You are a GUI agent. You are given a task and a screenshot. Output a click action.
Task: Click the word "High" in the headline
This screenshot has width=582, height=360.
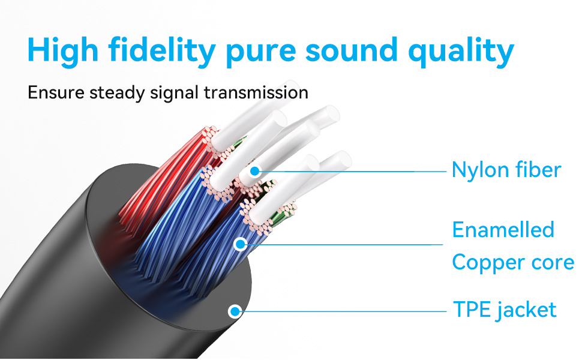coord(63,50)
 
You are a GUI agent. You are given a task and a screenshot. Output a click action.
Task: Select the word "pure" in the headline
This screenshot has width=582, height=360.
coord(260,52)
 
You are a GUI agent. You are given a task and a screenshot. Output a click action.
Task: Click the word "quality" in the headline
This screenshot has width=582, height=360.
coord(461,51)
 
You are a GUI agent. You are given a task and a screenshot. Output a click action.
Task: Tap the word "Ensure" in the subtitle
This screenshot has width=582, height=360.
coord(56,92)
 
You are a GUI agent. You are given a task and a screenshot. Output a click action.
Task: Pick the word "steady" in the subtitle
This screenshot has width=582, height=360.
coord(117,93)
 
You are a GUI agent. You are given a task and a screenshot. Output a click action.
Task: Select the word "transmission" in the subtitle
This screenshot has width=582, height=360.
coord(256,92)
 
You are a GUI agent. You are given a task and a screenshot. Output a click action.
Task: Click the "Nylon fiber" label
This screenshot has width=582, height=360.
coord(506,170)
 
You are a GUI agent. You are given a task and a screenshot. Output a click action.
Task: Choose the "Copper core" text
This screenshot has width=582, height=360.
coord(513,263)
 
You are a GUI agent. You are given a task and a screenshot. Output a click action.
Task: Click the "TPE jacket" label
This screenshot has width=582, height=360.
coord(505,310)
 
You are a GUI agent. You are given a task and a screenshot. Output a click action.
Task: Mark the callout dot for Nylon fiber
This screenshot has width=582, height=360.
coord(254,171)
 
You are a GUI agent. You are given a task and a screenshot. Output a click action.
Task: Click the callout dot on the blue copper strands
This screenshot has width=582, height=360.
coord(241,244)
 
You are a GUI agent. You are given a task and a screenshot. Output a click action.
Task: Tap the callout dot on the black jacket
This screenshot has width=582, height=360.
coord(235,311)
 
